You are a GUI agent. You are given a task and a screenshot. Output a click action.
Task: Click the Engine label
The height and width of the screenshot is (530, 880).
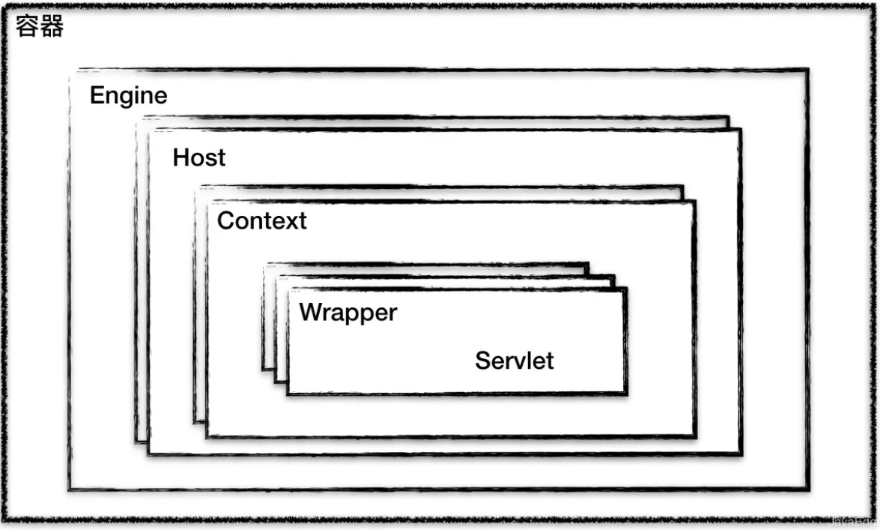click(x=128, y=96)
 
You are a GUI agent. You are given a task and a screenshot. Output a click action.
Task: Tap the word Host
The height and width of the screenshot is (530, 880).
click(x=198, y=158)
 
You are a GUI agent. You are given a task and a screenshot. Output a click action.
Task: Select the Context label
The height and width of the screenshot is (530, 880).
click(x=261, y=221)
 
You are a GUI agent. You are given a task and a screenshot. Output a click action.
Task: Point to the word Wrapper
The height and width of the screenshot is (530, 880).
click(x=348, y=313)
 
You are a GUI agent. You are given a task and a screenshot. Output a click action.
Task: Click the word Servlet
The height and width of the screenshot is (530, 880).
click(x=514, y=361)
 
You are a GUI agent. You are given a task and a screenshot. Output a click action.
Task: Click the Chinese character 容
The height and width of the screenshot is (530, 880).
click(x=28, y=27)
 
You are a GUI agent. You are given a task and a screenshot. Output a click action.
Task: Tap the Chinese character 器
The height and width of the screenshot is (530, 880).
click(x=52, y=27)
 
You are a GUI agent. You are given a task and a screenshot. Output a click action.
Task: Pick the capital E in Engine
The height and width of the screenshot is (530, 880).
click(x=97, y=96)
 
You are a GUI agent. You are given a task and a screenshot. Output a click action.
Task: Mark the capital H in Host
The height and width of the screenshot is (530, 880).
click(x=180, y=158)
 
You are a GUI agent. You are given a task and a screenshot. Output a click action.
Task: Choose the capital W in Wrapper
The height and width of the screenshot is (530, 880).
click(x=310, y=313)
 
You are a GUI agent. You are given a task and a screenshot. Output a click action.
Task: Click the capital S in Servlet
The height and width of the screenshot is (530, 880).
click(x=482, y=361)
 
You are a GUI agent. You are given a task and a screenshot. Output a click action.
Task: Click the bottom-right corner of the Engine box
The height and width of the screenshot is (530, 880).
click(x=808, y=490)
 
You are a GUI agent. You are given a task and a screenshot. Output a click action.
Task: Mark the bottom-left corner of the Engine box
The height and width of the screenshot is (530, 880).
click(x=69, y=490)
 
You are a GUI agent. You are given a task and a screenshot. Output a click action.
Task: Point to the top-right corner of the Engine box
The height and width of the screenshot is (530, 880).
click(x=807, y=70)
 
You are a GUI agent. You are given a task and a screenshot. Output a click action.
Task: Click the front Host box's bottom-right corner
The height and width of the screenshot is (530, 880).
click(x=741, y=454)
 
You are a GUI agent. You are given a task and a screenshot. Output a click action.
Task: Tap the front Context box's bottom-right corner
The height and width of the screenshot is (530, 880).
click(x=695, y=436)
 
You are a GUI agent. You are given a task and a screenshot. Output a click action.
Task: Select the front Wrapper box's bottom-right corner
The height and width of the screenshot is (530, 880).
click(x=625, y=393)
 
